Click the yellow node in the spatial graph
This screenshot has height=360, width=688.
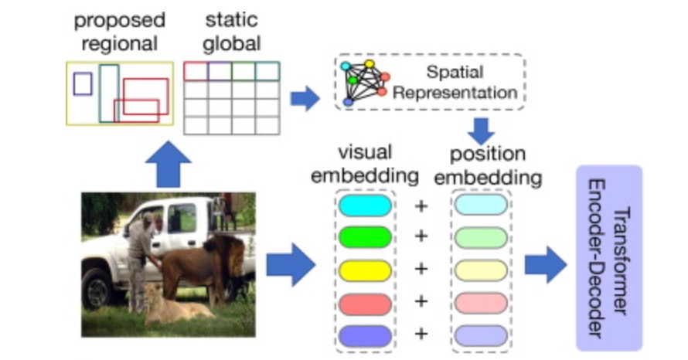click(370, 64)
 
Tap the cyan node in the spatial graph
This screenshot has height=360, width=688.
click(346, 66)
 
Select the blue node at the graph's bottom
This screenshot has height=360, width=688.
click(348, 102)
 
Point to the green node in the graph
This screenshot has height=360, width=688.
click(353, 80)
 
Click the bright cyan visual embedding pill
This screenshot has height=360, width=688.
click(365, 205)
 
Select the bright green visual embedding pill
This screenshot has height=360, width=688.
click(365, 237)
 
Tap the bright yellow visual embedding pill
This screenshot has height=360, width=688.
click(365, 270)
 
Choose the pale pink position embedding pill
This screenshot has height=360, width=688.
click(481, 303)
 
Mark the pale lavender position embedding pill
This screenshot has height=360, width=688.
click(481, 336)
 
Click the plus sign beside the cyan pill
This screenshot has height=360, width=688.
click(421, 206)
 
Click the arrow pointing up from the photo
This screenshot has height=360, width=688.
click(169, 165)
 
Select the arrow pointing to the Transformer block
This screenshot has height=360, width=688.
click(546, 265)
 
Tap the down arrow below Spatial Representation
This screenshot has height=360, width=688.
click(482, 131)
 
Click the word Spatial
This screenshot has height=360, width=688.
click(455, 73)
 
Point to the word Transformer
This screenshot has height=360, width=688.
click(621, 260)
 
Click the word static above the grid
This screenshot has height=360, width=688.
click(231, 20)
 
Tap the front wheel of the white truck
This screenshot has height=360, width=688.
click(98, 290)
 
